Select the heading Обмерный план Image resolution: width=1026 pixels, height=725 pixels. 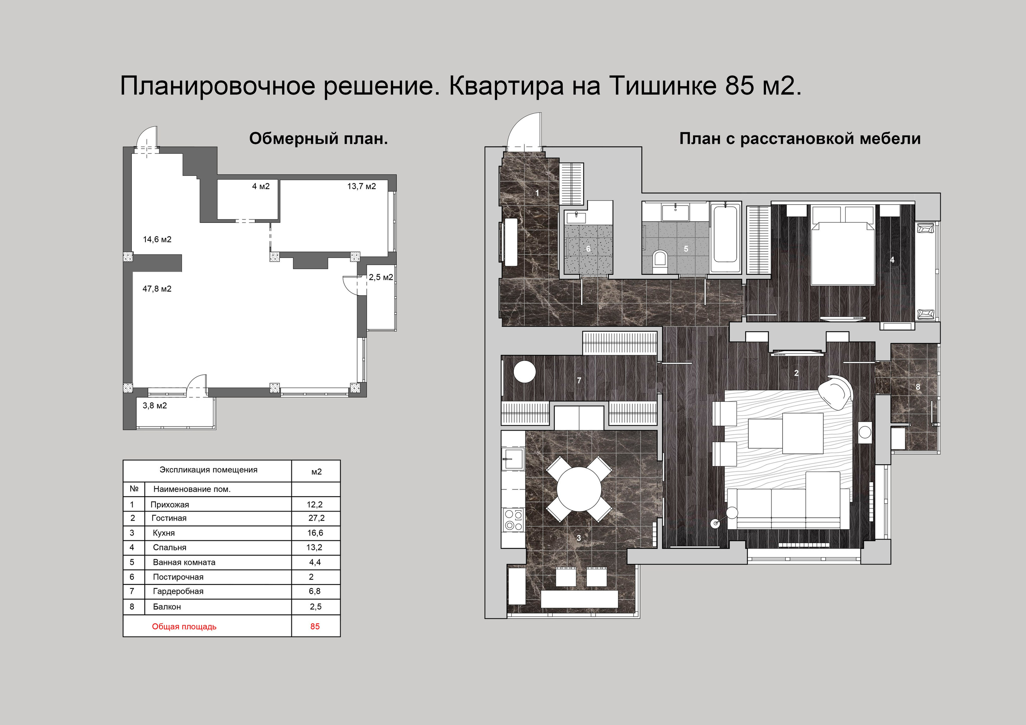(318, 139)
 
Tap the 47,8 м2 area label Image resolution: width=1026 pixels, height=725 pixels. (157, 289)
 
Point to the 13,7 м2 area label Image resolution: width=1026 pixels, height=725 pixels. (362, 186)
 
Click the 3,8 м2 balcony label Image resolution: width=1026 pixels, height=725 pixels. (155, 406)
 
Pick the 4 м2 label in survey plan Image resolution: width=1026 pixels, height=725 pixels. (261, 186)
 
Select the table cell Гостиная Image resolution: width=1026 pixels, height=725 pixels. (169, 518)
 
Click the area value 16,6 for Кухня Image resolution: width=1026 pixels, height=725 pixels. (315, 533)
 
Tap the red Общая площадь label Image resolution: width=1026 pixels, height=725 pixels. (184, 627)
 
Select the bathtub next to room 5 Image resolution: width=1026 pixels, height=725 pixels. (725, 239)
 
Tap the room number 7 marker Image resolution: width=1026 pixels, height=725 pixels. (579, 380)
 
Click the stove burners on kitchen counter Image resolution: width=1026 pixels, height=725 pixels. (513, 520)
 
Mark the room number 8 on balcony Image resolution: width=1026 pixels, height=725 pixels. (918, 387)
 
